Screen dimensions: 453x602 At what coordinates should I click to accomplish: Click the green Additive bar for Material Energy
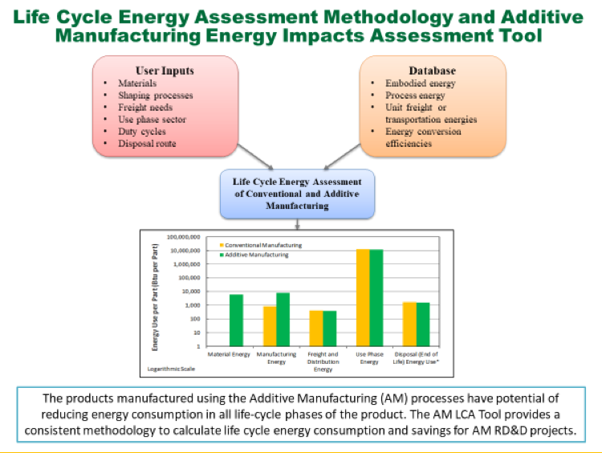point(236,320)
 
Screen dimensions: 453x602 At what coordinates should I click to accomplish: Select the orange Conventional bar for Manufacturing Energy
point(270,325)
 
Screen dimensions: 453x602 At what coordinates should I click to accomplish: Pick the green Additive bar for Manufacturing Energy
point(283,319)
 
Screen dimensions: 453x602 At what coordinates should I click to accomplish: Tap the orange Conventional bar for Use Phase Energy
point(363,297)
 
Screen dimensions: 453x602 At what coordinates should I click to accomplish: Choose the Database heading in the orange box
point(433,70)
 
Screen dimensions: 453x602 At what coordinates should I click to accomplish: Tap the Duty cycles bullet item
point(143,132)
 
